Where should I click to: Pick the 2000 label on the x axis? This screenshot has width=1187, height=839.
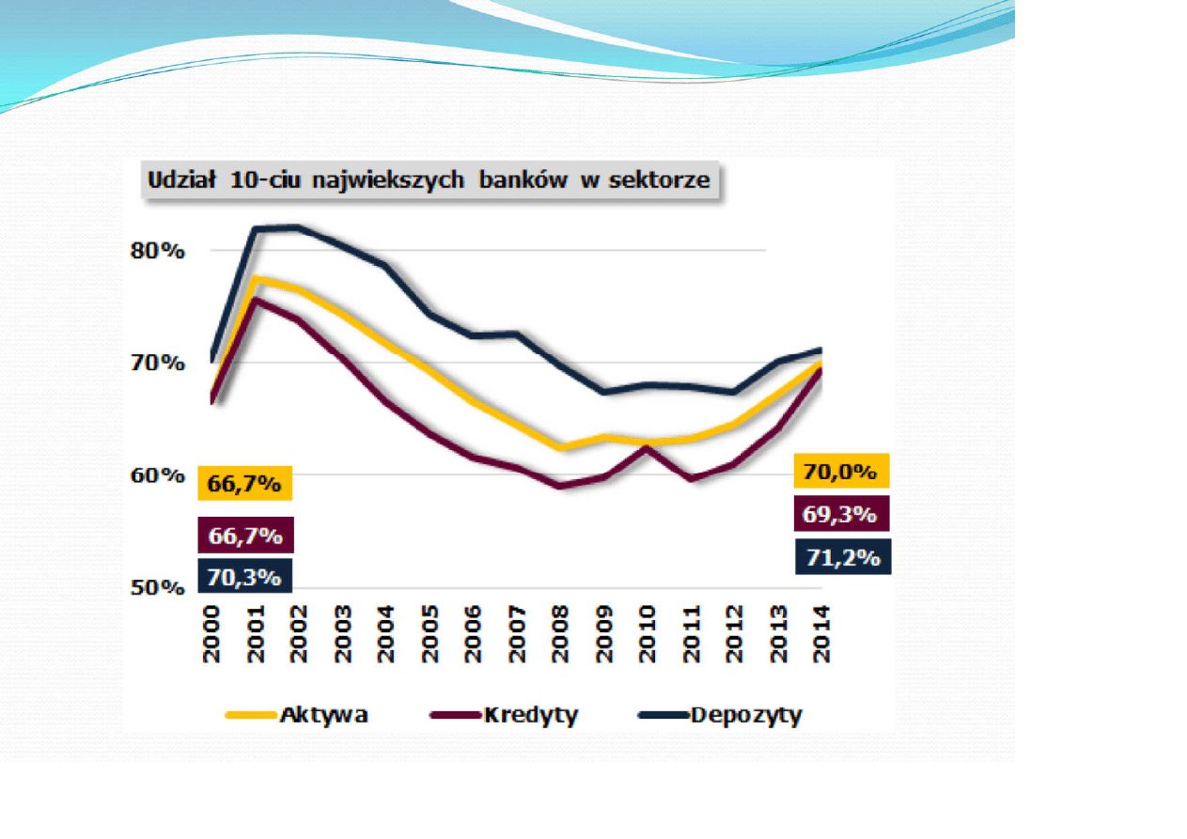tap(211, 634)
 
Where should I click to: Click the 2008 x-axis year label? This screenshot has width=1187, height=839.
tap(560, 634)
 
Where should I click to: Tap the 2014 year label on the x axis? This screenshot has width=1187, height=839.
tap(821, 634)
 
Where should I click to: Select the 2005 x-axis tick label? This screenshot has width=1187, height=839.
tap(429, 634)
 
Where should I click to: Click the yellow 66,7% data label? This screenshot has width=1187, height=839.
tap(244, 484)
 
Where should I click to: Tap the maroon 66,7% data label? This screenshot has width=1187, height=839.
tap(245, 536)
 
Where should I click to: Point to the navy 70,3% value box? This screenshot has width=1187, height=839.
tap(244, 576)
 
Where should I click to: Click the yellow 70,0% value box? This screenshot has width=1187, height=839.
tap(840, 471)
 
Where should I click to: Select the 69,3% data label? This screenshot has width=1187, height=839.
tap(840, 515)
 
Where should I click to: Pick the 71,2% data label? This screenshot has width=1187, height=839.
tap(842, 556)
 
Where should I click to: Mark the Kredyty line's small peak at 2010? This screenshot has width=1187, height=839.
tap(647, 447)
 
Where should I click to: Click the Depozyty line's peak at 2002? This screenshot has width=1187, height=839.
tap(298, 226)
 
